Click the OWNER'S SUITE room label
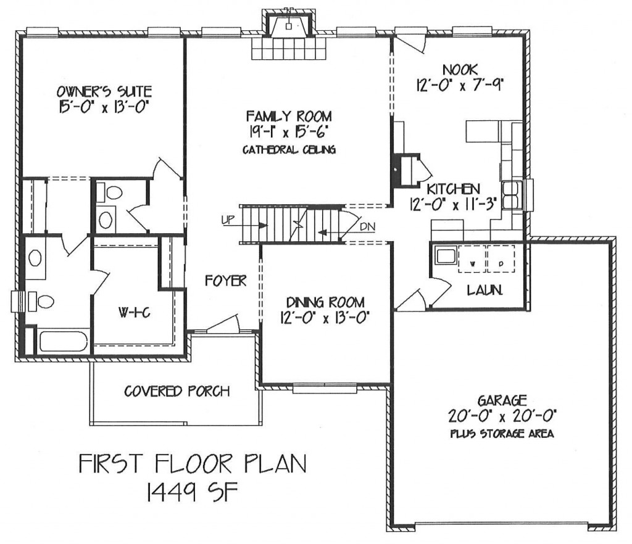(104, 91)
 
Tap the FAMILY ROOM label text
(289, 117)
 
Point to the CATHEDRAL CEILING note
(289, 150)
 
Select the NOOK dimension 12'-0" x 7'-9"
(460, 85)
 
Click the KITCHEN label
(453, 189)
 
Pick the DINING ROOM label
(325, 302)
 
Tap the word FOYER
(225, 280)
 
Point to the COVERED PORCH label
(177, 391)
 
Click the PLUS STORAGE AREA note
(501, 434)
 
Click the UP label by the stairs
(228, 220)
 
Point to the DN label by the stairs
(368, 227)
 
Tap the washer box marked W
(472, 258)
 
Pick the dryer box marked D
(501, 258)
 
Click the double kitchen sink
(512, 196)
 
